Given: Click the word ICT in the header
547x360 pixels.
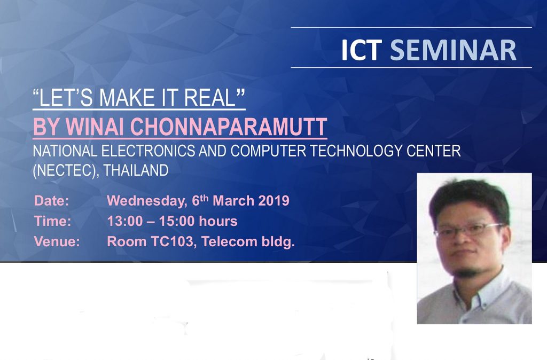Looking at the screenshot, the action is tap(361, 50).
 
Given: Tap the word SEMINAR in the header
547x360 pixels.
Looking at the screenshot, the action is tap(453, 50).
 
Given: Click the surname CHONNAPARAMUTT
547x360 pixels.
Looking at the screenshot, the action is tap(229, 127).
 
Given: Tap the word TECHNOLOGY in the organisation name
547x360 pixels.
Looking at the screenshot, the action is tap(356, 151).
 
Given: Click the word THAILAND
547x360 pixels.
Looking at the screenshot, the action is tap(136, 170).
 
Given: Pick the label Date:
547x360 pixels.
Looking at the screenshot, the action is tap(52, 201).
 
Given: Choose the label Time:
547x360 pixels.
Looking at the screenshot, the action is tap(53, 221).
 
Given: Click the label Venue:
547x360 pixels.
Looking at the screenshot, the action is tap(57, 241).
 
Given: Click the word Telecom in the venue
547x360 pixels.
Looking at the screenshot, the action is tap(230, 241).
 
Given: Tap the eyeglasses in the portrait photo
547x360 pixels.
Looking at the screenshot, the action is tap(470, 230).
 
